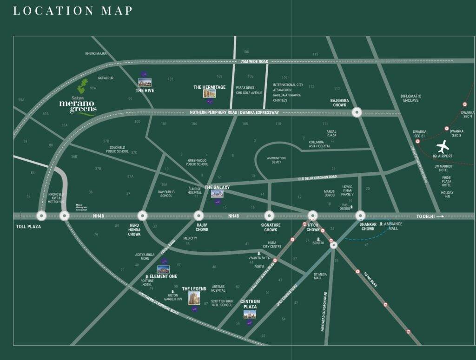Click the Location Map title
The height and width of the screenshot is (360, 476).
click(73, 11)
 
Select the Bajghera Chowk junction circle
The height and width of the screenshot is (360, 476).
click(357, 112)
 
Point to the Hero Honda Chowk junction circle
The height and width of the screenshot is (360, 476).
click(142, 216)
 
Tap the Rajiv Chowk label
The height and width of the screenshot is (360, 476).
click(202, 227)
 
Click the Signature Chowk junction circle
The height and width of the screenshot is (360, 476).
click(269, 216)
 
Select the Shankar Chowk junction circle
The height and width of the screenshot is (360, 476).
click(361, 216)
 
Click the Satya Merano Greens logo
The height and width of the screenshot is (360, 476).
click(78, 99)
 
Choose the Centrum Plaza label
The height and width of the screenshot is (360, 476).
click(250, 304)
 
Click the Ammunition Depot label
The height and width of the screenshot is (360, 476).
click(276, 160)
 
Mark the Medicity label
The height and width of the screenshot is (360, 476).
click(190, 238)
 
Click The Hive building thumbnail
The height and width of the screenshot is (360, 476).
click(145, 82)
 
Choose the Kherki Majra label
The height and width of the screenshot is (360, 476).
click(96, 53)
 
